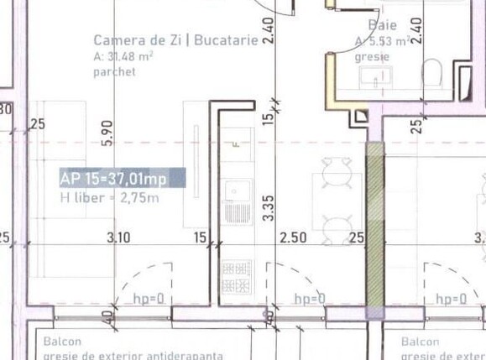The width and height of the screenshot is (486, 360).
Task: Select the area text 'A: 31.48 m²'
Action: [123, 56]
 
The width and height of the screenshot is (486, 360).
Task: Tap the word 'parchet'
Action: [114, 71]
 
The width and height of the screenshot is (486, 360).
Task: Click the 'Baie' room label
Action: [382, 25]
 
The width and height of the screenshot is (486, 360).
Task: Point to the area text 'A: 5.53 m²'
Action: [383, 41]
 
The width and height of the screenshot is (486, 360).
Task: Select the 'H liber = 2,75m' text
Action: [108, 198]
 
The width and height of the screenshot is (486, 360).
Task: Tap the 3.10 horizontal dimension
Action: [118, 237]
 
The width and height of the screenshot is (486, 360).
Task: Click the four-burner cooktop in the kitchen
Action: [235, 277]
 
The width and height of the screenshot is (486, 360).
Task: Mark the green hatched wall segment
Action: [374, 227]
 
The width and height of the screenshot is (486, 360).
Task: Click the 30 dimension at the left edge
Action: [5, 109]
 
